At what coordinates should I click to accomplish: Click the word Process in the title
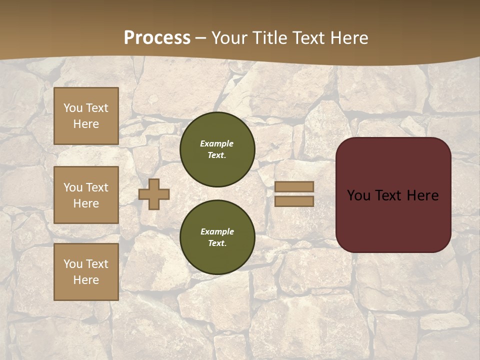(x=157, y=37)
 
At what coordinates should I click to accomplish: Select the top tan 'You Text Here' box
(x=86, y=116)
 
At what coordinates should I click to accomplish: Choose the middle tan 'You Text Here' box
(x=86, y=195)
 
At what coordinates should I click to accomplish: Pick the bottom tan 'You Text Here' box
(x=86, y=272)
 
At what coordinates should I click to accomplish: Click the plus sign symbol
(x=154, y=194)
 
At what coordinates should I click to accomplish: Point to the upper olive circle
(x=217, y=149)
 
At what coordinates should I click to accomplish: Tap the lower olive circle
(x=217, y=237)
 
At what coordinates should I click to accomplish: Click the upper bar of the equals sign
(x=294, y=186)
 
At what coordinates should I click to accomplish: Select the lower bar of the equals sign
(x=294, y=201)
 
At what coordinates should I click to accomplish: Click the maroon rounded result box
(x=393, y=220)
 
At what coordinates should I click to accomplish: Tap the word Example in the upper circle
(x=217, y=143)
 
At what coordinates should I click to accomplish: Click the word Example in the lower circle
(x=217, y=231)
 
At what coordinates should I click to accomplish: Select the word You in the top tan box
(x=72, y=108)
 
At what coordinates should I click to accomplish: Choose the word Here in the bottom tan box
(x=86, y=280)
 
